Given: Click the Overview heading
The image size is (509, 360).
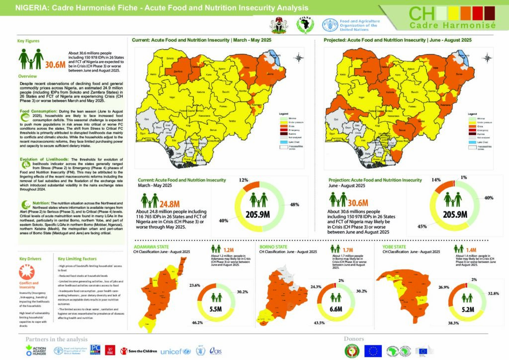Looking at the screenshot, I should click(27, 76).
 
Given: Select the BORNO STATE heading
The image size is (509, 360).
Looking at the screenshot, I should click(272, 246).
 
